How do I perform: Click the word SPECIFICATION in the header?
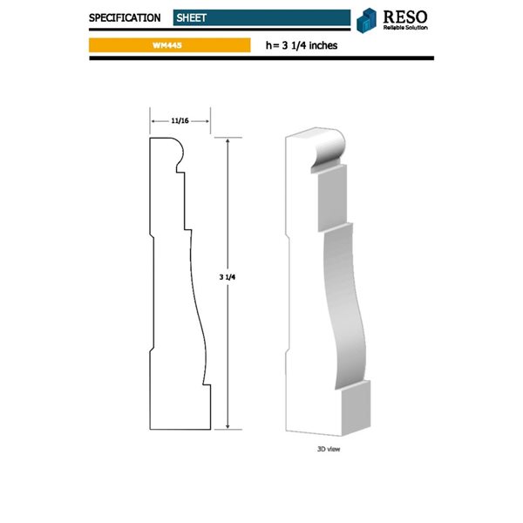coord(124,17)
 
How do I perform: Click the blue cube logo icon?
coord(367,19)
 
